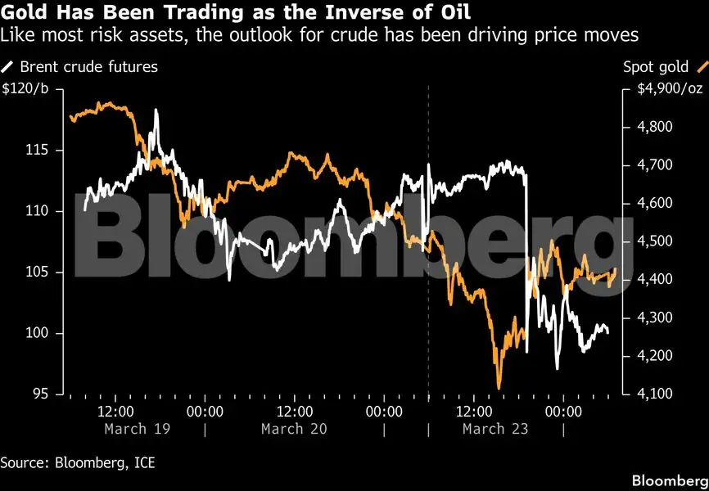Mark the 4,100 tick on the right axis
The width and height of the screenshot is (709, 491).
(x=656, y=394)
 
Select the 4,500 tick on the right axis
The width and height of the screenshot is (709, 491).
(x=656, y=241)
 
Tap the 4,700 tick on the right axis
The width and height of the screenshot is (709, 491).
(x=656, y=165)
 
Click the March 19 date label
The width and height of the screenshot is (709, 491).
(x=138, y=429)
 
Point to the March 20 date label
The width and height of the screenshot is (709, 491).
(x=295, y=429)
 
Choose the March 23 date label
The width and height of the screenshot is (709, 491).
(x=495, y=429)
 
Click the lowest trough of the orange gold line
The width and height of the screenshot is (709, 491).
(x=499, y=388)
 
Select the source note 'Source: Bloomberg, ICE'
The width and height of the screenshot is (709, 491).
(x=78, y=463)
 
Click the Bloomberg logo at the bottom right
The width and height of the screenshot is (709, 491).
(x=669, y=478)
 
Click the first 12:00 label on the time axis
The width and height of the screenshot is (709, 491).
(x=115, y=411)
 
